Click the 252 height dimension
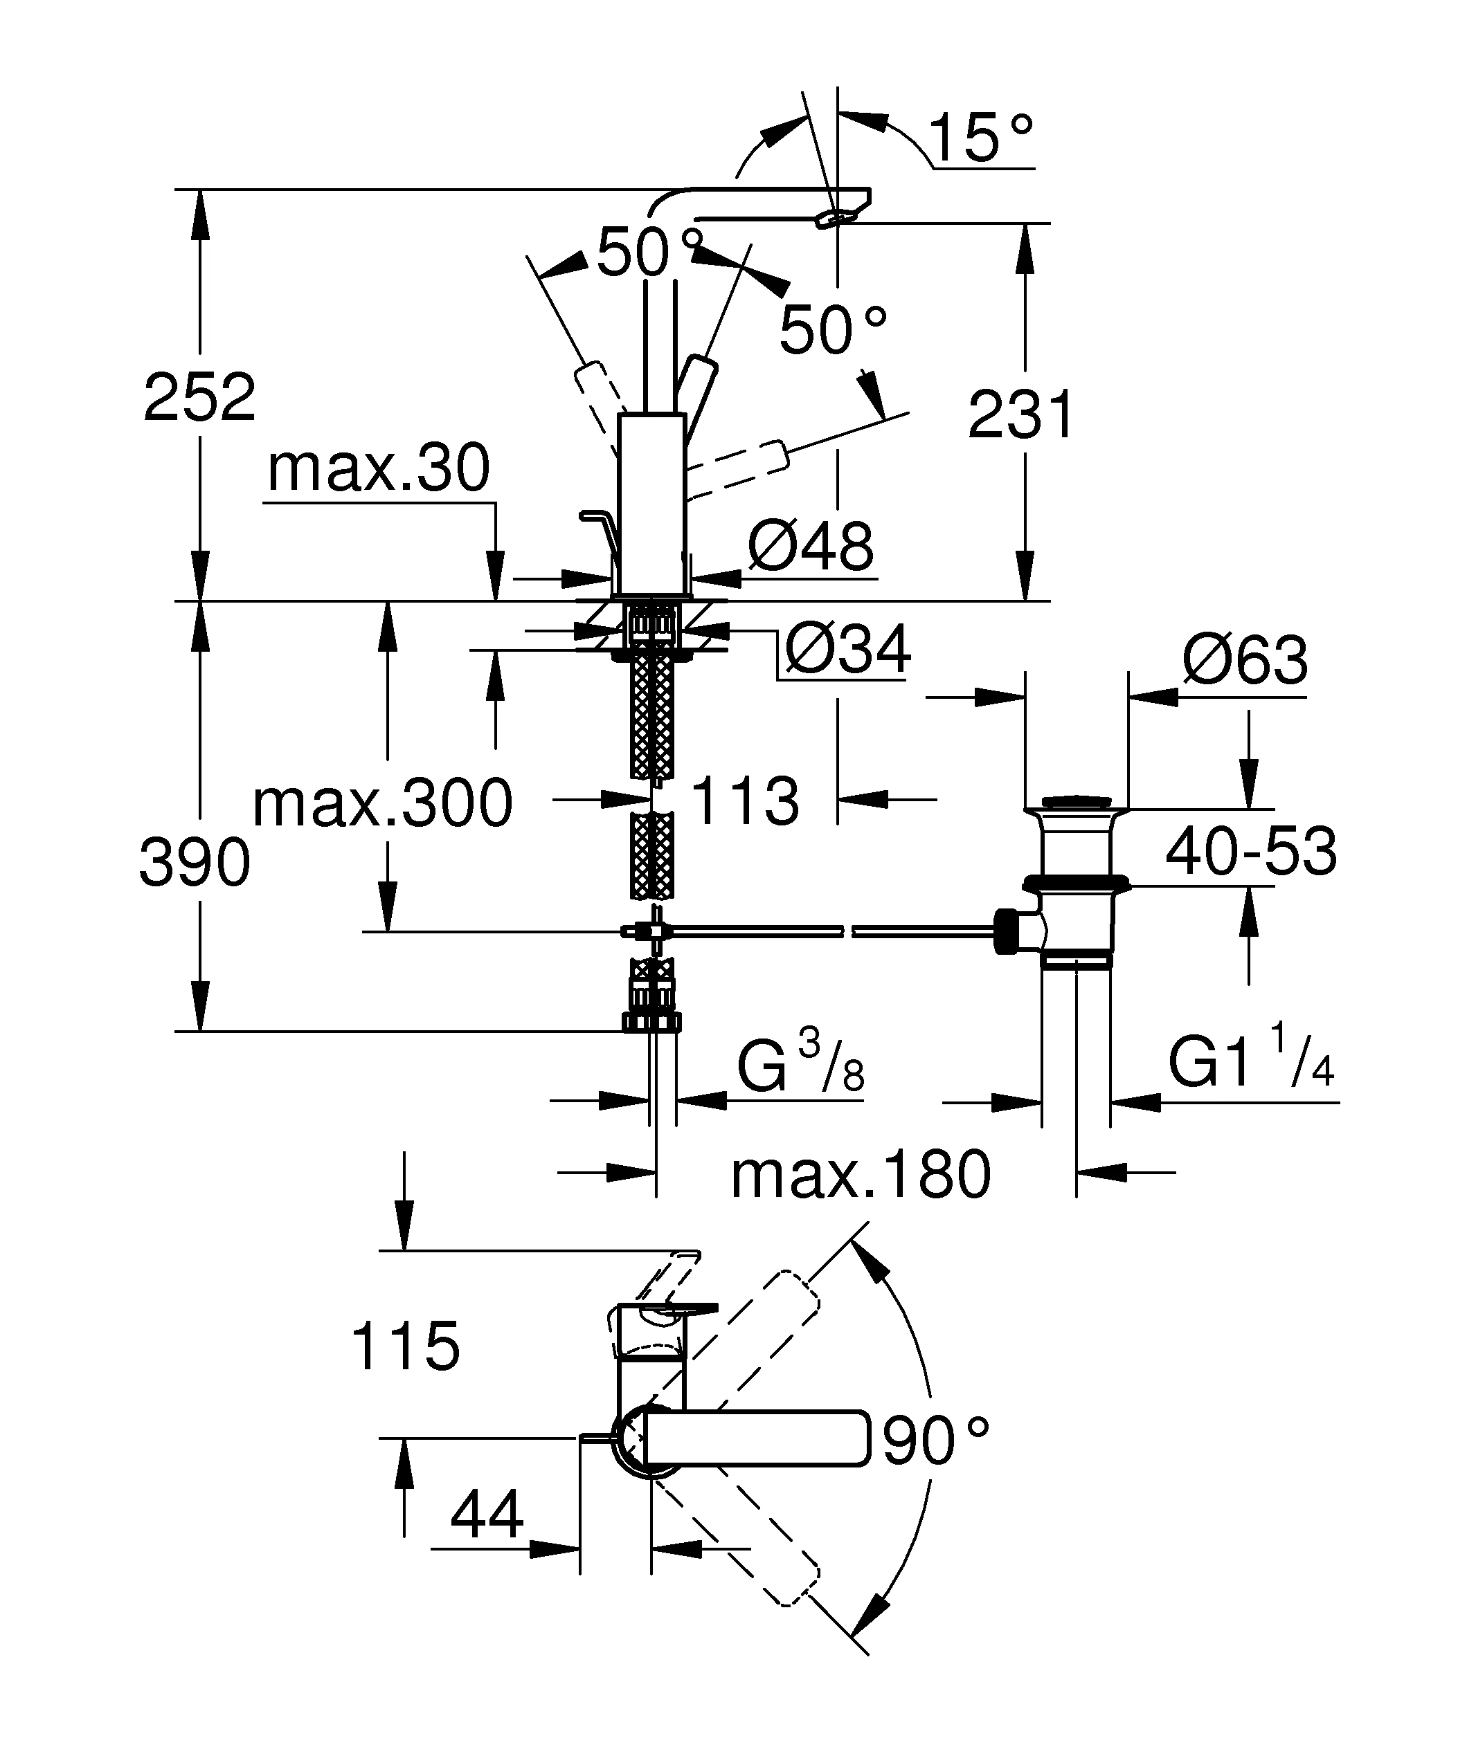click(199, 398)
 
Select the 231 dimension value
click(1022, 414)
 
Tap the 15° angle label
click(980, 138)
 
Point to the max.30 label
click(379, 468)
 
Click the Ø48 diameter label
click(811, 547)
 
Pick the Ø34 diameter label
click(847, 650)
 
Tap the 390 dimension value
click(195, 863)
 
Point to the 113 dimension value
click(745, 801)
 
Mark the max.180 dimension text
click(861, 1175)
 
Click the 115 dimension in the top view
click(405, 1346)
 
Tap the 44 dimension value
click(487, 1515)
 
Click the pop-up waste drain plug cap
click(1076, 802)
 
